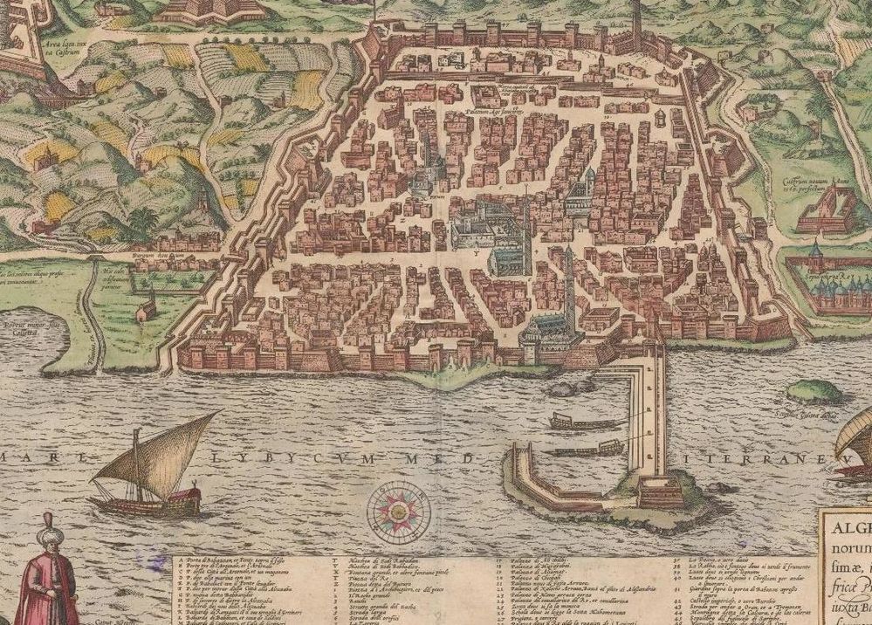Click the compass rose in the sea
(395, 507)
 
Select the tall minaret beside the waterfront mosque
(569, 284)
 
